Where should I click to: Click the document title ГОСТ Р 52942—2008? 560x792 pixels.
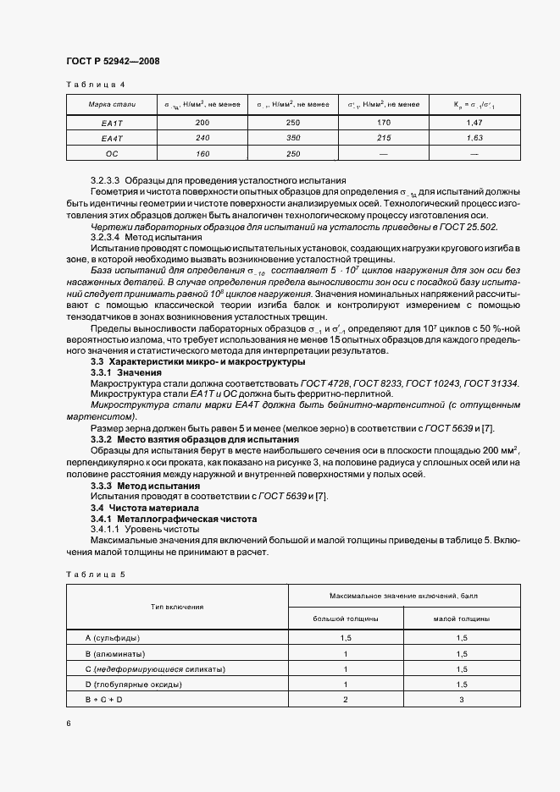[113, 62]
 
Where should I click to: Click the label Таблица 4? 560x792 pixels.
[95, 85]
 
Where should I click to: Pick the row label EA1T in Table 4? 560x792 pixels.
[112, 124]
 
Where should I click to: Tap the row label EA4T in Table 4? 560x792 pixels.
[112, 138]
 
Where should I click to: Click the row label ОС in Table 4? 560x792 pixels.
[112, 153]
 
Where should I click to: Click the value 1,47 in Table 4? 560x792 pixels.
[474, 124]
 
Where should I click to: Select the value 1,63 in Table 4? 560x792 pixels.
[474, 138]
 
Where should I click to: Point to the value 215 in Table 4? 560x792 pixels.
[383, 138]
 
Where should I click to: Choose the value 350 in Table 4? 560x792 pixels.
[293, 138]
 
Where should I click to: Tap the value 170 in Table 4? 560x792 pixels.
[383, 124]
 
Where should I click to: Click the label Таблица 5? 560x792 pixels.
[95, 575]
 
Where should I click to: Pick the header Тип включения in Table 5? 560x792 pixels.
[177, 608]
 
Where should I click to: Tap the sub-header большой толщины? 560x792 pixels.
[346, 619]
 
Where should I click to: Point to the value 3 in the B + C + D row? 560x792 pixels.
[461, 700]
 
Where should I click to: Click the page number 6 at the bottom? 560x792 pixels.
[69, 723]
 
